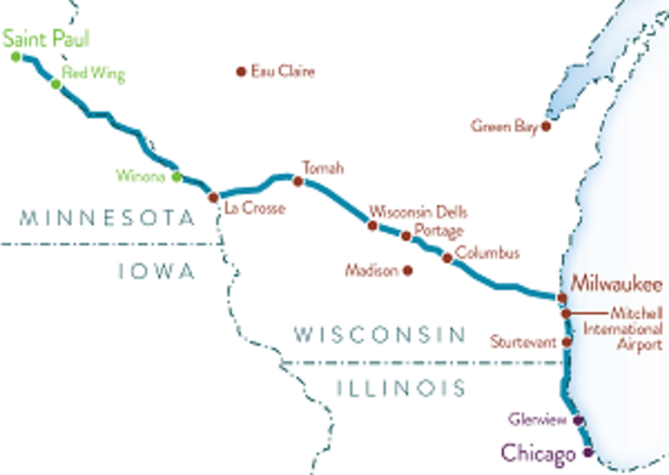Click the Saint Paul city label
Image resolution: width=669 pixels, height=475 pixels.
pyautogui.click(x=45, y=38)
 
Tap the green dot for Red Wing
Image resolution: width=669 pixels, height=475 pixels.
pyautogui.click(x=55, y=84)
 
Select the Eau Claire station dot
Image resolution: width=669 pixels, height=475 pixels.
pyautogui.click(x=241, y=72)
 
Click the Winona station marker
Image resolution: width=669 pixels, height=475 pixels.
pyautogui.click(x=176, y=176)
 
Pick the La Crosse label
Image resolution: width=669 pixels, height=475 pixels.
pyautogui.click(x=254, y=208)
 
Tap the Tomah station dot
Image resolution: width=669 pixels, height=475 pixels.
pyautogui.click(x=297, y=181)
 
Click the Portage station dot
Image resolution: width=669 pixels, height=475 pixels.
pyautogui.click(x=406, y=236)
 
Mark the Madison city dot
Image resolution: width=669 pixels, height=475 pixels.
pyautogui.click(x=407, y=270)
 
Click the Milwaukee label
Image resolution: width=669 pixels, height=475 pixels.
pyautogui.click(x=617, y=283)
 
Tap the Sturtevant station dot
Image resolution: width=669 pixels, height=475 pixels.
pyautogui.click(x=567, y=341)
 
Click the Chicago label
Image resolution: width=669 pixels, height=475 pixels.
pyautogui.click(x=539, y=454)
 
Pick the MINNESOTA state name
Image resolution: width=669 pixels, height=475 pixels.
pyautogui.click(x=106, y=219)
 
